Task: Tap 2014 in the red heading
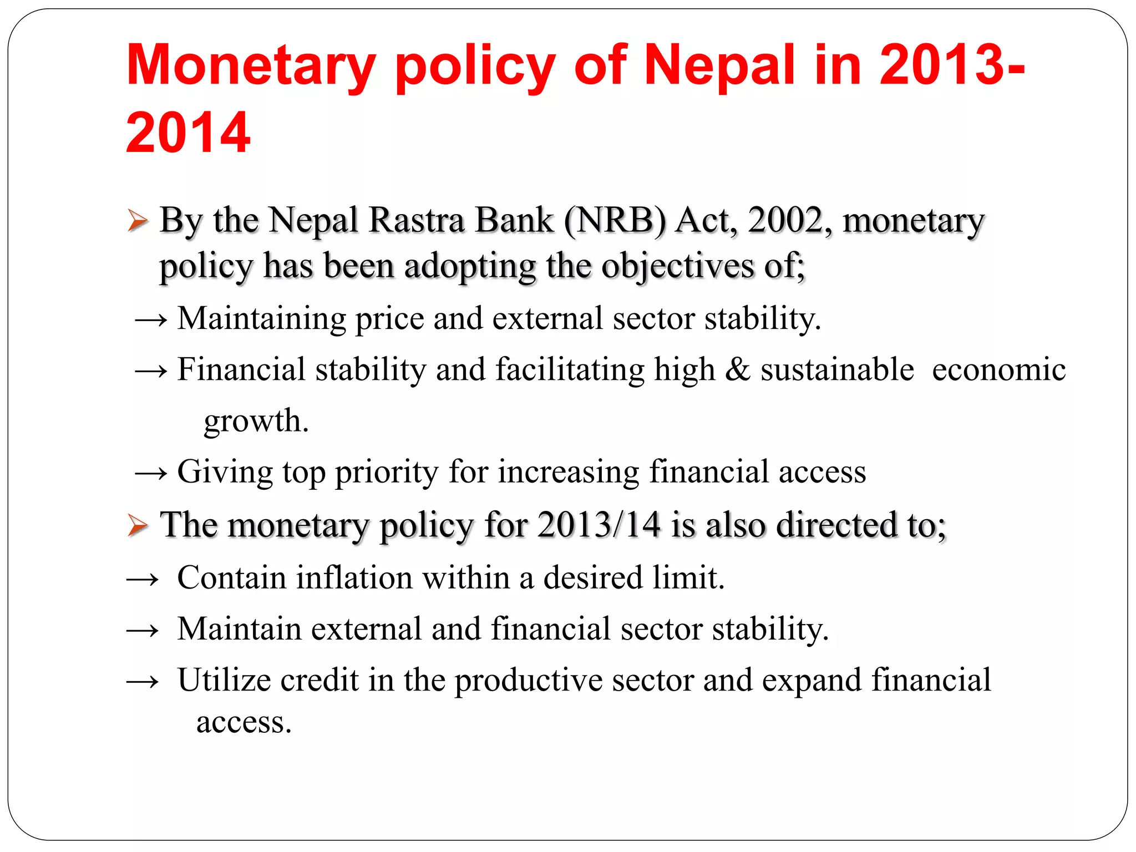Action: (188, 133)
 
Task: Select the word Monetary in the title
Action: (251, 67)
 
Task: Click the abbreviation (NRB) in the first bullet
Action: (615, 221)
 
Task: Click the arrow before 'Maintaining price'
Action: (151, 320)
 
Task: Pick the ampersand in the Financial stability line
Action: (737, 369)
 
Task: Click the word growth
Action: (256, 422)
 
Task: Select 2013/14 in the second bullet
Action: (599, 525)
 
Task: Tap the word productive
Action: (528, 681)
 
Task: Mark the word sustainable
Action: (837, 369)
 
